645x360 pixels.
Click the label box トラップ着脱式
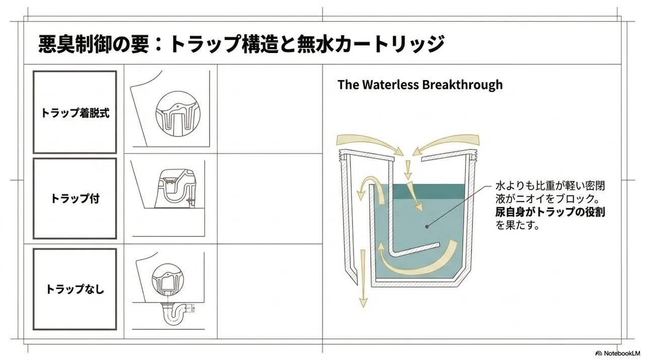(75, 112)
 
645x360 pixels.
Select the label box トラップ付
(75, 199)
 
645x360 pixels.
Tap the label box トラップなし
(75, 289)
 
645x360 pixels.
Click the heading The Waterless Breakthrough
(420, 85)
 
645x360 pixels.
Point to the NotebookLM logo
(618, 353)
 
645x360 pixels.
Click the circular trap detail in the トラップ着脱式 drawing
(178, 114)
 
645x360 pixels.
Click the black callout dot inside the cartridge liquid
(427, 227)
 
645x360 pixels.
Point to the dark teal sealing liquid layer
(429, 191)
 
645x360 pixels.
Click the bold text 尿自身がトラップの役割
(550, 212)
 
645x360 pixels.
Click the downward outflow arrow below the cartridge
(363, 278)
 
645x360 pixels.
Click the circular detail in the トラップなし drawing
(167, 279)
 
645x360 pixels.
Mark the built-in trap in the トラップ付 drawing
(175, 189)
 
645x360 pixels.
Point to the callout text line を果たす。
(517, 225)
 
